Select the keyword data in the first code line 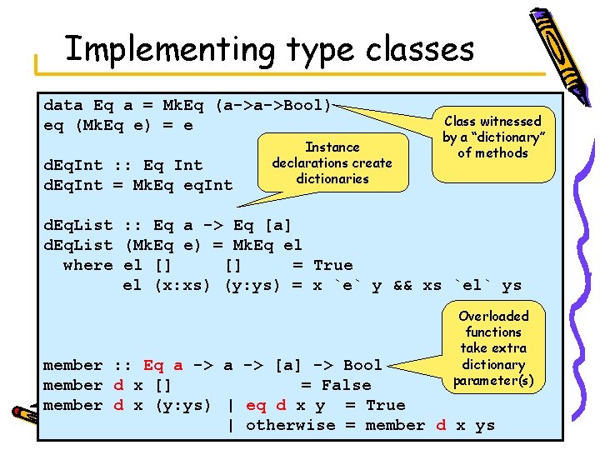[x=63, y=106]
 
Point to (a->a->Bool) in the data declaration [x=273, y=106]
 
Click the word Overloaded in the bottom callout [x=493, y=316]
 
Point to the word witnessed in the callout [x=510, y=122]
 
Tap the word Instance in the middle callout [x=332, y=147]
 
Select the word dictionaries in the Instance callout [x=332, y=179]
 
